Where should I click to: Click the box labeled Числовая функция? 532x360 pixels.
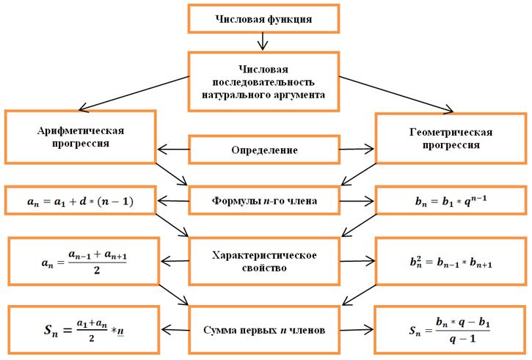coord(263,18)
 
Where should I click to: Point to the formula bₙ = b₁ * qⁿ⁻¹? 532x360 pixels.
coord(449,200)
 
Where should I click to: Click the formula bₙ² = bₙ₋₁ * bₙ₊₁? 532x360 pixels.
coord(449,261)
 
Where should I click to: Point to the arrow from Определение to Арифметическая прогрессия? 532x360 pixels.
coord(174,150)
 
